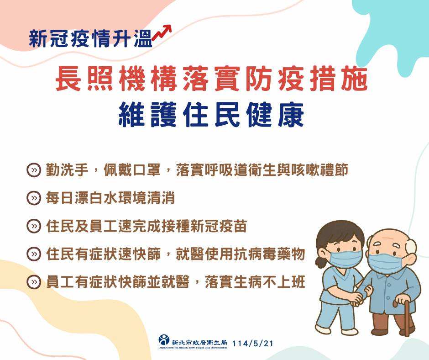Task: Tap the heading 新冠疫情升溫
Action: pyautogui.click(x=90, y=38)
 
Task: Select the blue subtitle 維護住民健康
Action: pyautogui.click(x=211, y=115)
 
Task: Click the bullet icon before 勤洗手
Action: pyautogui.click(x=34, y=170)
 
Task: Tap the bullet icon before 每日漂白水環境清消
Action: pyautogui.click(x=34, y=198)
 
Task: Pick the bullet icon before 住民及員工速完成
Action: pyautogui.click(x=34, y=226)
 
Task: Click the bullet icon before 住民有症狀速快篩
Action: pyautogui.click(x=34, y=254)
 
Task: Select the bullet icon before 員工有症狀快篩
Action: pyautogui.click(x=34, y=282)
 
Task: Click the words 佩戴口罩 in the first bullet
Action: pyautogui.click(x=132, y=170)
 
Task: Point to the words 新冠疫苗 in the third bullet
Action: pyautogui.click(x=219, y=226)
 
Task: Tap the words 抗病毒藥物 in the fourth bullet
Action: pyautogui.click(x=269, y=254)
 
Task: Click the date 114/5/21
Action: pyautogui.click(x=253, y=344)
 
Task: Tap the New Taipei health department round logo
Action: pyautogui.click(x=164, y=340)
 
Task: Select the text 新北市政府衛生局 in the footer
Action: pyautogui.click(x=199, y=342)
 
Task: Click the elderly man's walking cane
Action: pyautogui.click(x=404, y=315)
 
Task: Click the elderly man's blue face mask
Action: pyautogui.click(x=386, y=263)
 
